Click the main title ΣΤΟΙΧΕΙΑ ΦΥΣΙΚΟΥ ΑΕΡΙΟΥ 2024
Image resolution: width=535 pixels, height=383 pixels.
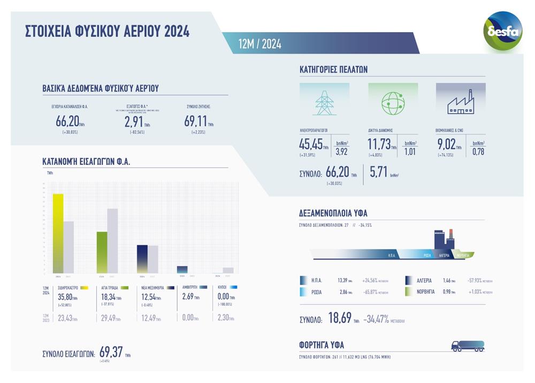(108, 32)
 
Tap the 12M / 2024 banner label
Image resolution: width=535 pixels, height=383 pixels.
(260, 44)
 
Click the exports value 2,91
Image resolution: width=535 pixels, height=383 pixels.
(134, 121)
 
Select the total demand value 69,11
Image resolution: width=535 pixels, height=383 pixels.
(196, 121)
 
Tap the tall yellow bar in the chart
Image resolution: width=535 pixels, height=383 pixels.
(58, 234)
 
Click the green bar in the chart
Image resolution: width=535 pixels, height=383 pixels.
(102, 252)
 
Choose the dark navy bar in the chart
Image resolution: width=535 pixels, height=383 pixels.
(142, 259)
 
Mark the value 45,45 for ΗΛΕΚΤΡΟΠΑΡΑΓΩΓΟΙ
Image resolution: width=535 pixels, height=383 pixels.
(311, 144)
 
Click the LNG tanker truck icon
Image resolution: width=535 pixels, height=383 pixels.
(468, 346)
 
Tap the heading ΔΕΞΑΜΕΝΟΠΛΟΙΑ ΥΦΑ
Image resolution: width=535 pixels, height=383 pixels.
(333, 213)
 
